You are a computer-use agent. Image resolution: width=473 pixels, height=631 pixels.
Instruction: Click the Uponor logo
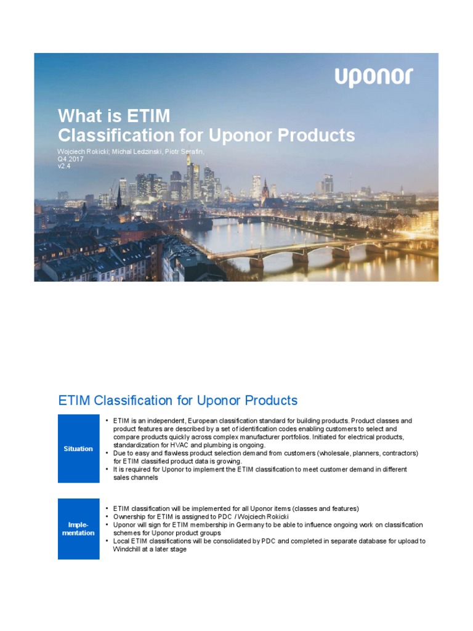click(x=374, y=78)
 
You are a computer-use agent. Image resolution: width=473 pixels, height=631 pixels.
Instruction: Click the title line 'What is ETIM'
click(x=114, y=116)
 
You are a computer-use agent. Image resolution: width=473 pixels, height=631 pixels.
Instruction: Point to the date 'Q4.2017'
click(x=70, y=158)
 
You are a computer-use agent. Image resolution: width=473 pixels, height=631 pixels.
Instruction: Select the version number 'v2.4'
click(x=64, y=165)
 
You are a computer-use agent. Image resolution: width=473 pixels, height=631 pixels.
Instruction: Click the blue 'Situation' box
click(x=78, y=449)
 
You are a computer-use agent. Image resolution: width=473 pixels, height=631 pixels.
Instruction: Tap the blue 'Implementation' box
click(x=78, y=529)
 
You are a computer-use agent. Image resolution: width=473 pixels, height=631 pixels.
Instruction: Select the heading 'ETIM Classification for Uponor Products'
click(x=178, y=401)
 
